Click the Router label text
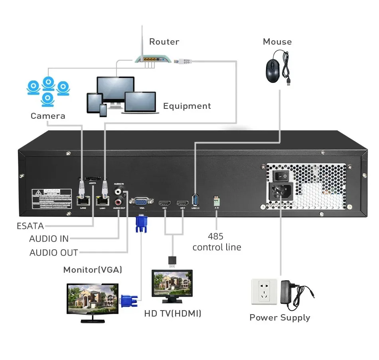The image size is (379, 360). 164,41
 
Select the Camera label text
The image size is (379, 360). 48,116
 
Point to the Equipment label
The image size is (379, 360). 187,106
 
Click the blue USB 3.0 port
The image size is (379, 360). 195,199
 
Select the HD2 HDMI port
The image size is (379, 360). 183,202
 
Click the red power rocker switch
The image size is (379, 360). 282,175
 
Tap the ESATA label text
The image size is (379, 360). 30,226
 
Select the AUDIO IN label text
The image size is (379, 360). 49,239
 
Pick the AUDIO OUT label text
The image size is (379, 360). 54,253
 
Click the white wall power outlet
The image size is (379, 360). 264,292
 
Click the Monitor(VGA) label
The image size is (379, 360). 93,270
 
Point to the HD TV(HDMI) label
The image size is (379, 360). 173,314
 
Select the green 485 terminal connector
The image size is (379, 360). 217,199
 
